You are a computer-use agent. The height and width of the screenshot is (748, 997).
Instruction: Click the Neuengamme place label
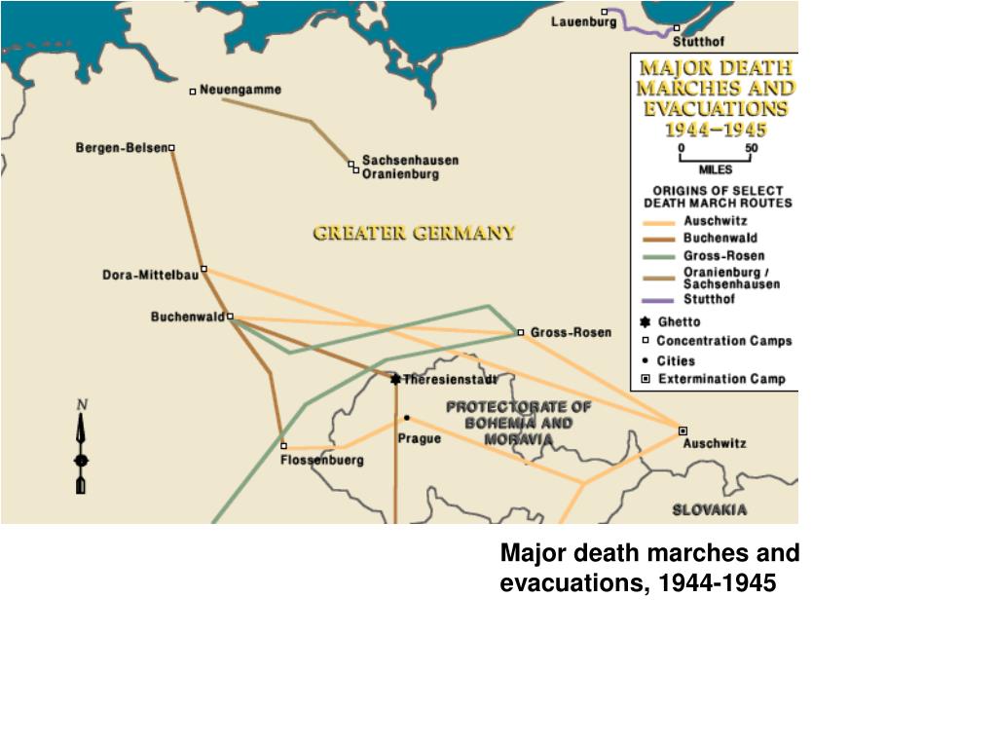pyautogui.click(x=240, y=90)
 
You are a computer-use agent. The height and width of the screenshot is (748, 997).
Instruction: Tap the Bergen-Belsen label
pyautogui.click(x=121, y=148)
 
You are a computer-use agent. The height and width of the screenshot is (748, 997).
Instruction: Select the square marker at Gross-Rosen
pyautogui.click(x=521, y=332)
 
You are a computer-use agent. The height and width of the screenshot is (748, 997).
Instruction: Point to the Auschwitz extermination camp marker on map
pyautogui.click(x=683, y=430)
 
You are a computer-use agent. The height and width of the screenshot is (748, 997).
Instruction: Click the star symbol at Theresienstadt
pyautogui.click(x=395, y=379)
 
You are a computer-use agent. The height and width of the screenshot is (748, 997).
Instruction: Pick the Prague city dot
pyautogui.click(x=407, y=418)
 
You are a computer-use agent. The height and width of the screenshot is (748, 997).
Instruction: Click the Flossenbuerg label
pyautogui.click(x=321, y=460)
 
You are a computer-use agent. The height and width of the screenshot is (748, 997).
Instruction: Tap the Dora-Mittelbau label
pyautogui.click(x=150, y=275)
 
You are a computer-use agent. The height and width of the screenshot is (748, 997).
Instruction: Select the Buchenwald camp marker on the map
pyautogui.click(x=230, y=317)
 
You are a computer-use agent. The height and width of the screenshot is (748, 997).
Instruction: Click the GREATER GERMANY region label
pyautogui.click(x=414, y=234)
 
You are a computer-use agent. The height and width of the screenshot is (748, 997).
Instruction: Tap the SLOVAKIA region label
pyautogui.click(x=710, y=509)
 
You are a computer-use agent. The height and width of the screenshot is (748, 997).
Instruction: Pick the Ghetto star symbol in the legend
pyautogui.click(x=645, y=321)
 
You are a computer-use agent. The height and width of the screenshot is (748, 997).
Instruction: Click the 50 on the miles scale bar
pyautogui.click(x=751, y=148)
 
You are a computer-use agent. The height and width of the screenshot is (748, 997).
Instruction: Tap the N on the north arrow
pyautogui.click(x=83, y=404)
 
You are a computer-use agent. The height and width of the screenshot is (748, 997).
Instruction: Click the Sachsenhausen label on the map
pyautogui.click(x=410, y=160)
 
